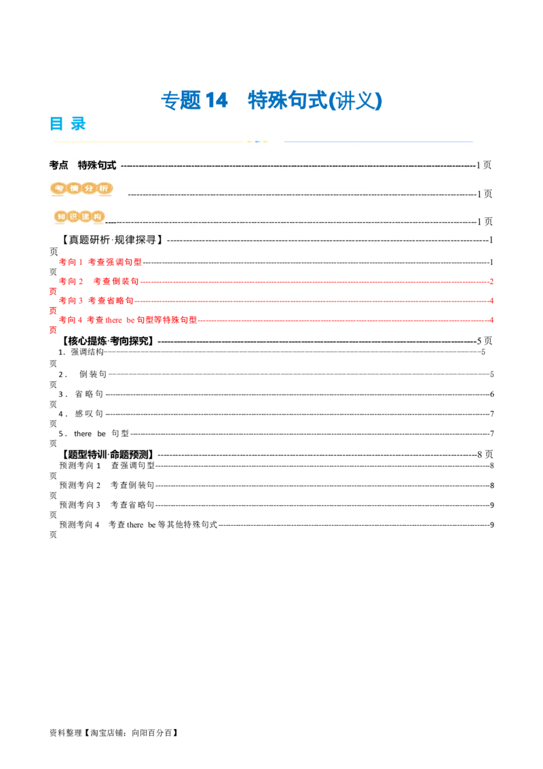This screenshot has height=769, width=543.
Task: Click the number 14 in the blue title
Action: [216, 101]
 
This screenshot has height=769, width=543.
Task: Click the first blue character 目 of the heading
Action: [56, 123]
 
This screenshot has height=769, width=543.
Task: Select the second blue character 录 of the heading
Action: [79, 123]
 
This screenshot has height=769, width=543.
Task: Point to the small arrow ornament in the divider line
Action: [257, 141]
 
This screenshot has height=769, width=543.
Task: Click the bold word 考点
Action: [59, 165]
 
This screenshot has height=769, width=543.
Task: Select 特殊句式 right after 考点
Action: [97, 165]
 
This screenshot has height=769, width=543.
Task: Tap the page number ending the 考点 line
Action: [484, 165]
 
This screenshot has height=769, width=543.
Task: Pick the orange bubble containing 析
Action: [104, 188]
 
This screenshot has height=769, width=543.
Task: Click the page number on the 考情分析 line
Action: [485, 194]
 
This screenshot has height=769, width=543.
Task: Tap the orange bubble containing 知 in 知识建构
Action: [62, 217]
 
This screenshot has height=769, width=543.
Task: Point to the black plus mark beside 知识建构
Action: [111, 222]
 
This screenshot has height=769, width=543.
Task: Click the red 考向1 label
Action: [71, 262]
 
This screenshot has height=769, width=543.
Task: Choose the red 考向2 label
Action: [71, 281]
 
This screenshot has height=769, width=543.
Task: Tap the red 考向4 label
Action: [71, 319]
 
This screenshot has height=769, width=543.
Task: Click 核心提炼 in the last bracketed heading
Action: [88, 341]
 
